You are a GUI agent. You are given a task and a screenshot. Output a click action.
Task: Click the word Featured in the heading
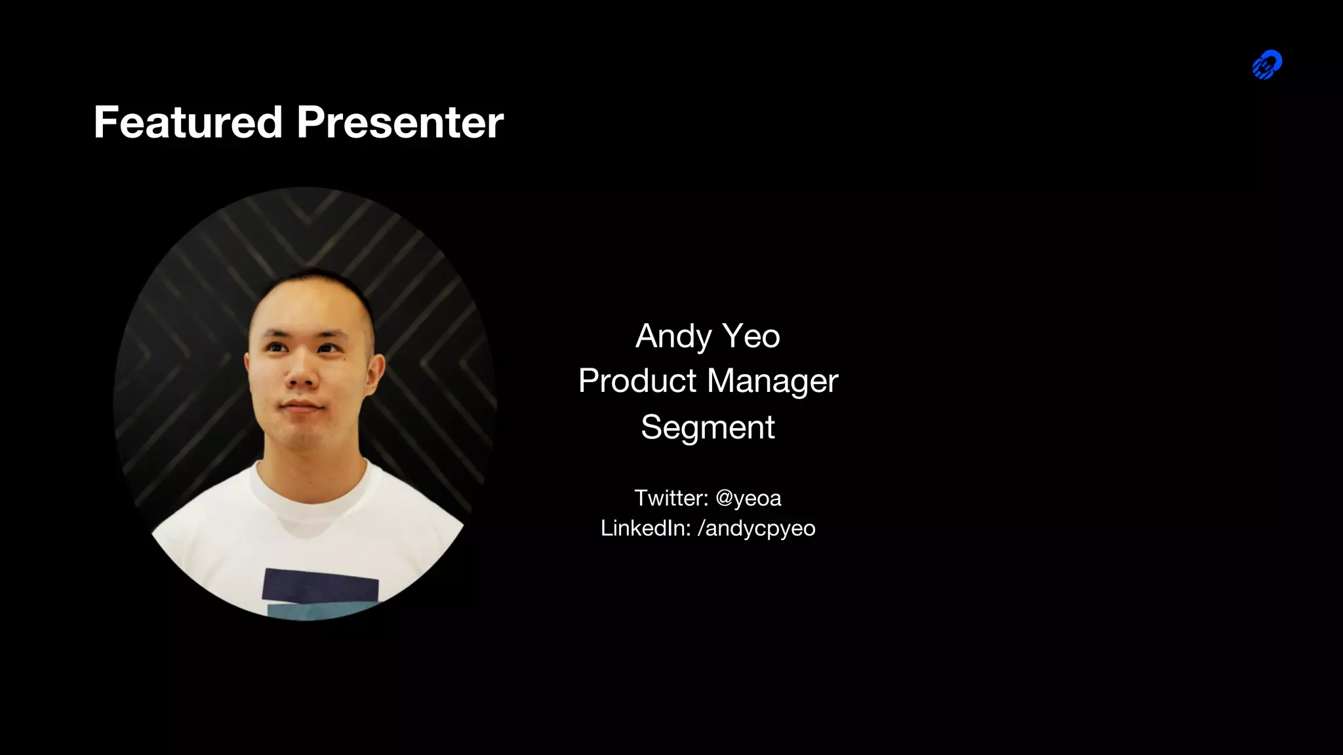point(188,123)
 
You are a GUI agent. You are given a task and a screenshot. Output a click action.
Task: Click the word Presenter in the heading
point(400,123)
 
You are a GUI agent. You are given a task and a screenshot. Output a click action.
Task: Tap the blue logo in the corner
point(1267,65)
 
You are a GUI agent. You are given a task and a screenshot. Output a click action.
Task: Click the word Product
point(637,381)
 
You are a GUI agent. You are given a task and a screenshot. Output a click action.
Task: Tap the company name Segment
point(708,427)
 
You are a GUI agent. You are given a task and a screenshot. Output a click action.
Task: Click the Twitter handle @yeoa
point(748,499)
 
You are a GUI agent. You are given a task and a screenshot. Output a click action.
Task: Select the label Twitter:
point(671,498)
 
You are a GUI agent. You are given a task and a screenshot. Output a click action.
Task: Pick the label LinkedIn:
point(645,528)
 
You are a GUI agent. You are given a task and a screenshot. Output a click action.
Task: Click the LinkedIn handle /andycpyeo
point(756,529)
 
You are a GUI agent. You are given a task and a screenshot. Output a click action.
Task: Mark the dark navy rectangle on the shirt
point(321,585)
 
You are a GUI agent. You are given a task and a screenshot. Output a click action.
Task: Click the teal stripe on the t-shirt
point(315,612)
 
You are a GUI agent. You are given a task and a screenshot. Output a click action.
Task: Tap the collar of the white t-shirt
point(315,488)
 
